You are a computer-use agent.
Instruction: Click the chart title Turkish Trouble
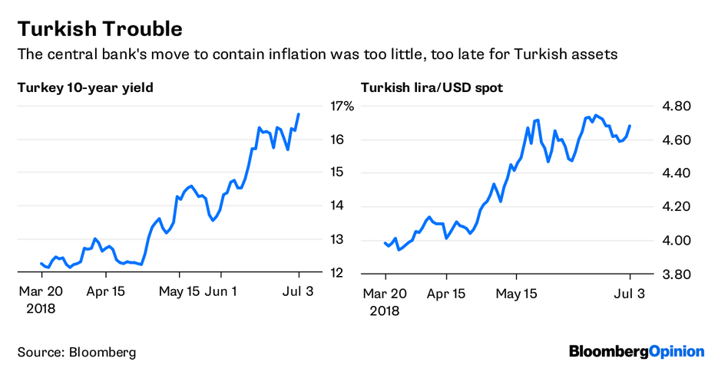tap(100, 29)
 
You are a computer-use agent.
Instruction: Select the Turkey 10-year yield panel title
tap(85, 87)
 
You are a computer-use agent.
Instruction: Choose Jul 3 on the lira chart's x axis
tap(630, 292)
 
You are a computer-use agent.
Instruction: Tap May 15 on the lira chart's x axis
tap(516, 292)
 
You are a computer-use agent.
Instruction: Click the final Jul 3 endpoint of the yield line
tap(299, 114)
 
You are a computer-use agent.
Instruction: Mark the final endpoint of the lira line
tap(630, 126)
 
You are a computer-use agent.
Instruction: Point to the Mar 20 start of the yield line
tap(40, 263)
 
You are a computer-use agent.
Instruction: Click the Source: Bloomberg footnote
tap(77, 352)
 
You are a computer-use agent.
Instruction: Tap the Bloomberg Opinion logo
tap(637, 351)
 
